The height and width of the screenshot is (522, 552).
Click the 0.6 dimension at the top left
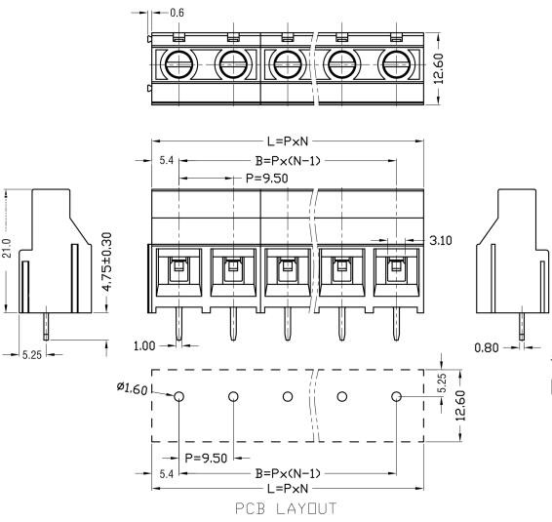coord(177,13)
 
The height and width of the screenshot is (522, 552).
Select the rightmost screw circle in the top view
coord(396,65)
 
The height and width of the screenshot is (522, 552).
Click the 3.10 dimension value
coord(441,239)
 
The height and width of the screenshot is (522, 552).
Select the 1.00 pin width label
coord(143,345)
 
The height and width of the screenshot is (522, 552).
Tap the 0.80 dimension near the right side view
coord(487,345)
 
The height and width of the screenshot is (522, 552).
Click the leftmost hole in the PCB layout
coord(178,397)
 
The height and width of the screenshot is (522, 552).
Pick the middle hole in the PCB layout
coord(288,397)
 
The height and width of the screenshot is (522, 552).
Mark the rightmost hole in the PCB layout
coord(397,397)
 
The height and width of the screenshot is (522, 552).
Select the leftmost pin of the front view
coord(178,328)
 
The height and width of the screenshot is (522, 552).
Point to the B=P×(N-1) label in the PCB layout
coord(288,472)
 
